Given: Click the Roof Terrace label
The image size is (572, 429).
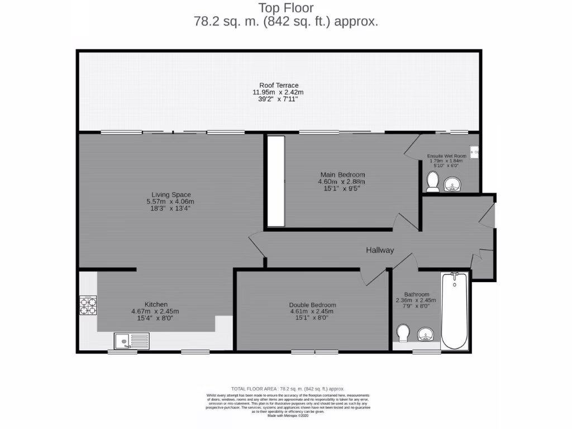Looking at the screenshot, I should pyautogui.click(x=279, y=85).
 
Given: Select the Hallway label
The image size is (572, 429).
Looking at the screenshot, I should pyautogui.click(x=380, y=250).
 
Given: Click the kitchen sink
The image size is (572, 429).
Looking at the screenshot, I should pyautogui.click(x=132, y=340).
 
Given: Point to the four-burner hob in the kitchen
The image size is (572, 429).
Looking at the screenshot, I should pyautogui.click(x=88, y=306).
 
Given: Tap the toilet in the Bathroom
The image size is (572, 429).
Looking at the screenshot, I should pyautogui.click(x=402, y=333).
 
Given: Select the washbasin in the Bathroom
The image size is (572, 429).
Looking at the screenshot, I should pyautogui.click(x=426, y=335).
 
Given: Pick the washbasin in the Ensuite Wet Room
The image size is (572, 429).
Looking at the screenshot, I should pyautogui.click(x=452, y=184).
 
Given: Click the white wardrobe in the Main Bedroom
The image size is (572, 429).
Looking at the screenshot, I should pyautogui.click(x=275, y=180).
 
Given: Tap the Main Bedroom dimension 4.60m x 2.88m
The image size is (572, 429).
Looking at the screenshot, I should pyautogui.click(x=341, y=182).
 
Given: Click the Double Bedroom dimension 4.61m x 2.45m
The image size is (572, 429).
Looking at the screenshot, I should pyautogui.click(x=312, y=312).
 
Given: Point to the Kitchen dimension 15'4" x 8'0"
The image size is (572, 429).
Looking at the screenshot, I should pyautogui.click(x=155, y=318).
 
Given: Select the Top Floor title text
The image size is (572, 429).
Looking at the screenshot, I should pyautogui.click(x=285, y=8).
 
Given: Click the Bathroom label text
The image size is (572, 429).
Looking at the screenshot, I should pyautogui.click(x=417, y=294).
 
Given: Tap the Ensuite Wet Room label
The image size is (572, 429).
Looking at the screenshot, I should pyautogui.click(x=446, y=156).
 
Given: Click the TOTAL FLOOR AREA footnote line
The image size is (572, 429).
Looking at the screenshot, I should pyautogui.click(x=288, y=389).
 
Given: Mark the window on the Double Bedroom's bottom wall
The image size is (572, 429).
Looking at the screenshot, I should pyautogui.click(x=314, y=352).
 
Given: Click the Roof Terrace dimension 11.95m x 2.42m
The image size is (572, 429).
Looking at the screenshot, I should pyautogui.click(x=279, y=92).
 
